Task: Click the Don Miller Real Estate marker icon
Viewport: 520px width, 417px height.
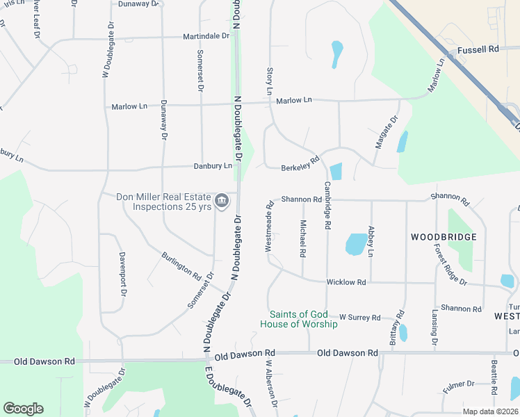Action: pos(222,202)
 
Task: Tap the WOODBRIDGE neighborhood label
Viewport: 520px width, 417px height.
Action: pos(444,237)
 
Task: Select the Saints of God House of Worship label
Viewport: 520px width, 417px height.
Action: pos(299,319)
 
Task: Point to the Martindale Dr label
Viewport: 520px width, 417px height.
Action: pos(206,36)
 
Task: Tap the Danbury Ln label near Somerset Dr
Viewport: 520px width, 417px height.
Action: pos(213,166)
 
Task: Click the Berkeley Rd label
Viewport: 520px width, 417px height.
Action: pos(300,164)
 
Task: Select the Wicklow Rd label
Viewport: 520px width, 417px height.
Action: pos(346,282)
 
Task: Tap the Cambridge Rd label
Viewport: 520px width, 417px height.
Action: pos(326,206)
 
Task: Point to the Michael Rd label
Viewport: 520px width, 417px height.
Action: pos(303,238)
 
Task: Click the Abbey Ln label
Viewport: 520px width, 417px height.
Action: pos(371,241)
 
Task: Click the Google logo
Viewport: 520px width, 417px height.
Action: pos(23,409)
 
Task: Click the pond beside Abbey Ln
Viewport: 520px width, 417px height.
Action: pos(356,244)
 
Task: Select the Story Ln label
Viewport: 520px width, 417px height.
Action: pos(269,81)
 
